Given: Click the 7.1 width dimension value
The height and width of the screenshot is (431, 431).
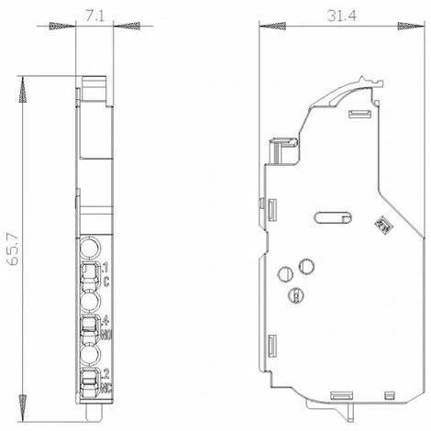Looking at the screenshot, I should point(92,16).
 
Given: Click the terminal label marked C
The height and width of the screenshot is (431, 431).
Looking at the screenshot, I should point(106,282).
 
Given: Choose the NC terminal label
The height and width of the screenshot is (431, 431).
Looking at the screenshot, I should point(106,385).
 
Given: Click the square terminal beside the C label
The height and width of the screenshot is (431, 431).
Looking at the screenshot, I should point(90,273).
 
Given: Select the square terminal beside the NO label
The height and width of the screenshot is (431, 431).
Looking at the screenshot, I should point(90,326).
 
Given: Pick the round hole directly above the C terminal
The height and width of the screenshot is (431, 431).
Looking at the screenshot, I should point(90,248).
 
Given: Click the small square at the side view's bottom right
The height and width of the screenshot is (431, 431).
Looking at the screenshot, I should point(392,395).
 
